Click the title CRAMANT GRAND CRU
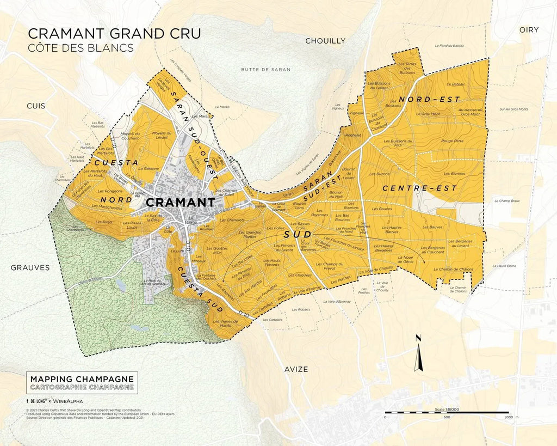114,33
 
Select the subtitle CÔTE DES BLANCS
81,48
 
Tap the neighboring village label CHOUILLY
325,41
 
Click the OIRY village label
529,30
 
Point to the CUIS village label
36,106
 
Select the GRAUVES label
30,267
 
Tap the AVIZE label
296,369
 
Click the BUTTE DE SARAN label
266,70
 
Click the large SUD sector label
297,235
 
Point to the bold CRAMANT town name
181,202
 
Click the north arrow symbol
418,355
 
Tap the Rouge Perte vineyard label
453,140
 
